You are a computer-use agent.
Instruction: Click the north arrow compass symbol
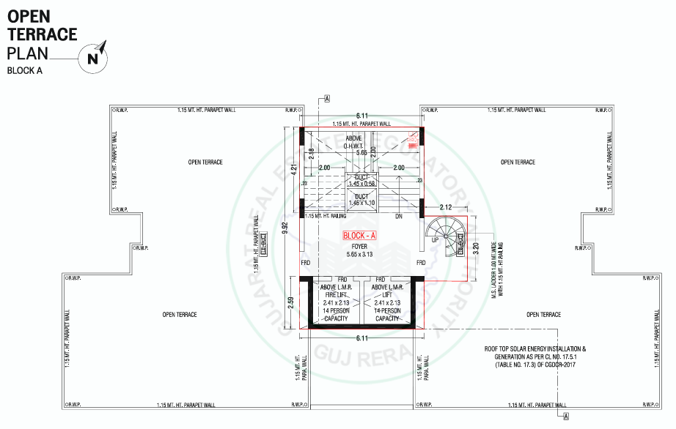(95, 56)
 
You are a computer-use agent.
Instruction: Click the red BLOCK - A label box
(359, 235)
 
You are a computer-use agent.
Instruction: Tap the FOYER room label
(359, 247)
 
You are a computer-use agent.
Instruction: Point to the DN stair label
(399, 217)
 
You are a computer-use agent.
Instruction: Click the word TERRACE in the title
(42, 34)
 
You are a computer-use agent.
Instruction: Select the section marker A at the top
(327, 98)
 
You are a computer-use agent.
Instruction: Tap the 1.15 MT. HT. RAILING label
(326, 217)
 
